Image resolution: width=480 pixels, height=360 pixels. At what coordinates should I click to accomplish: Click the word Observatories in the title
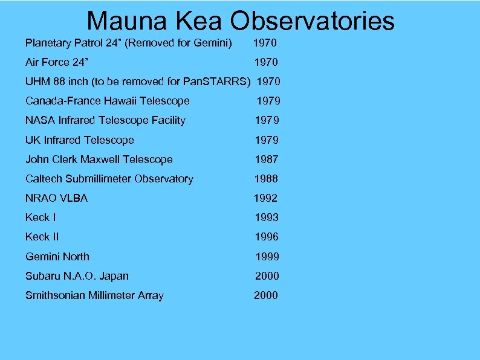click(312, 21)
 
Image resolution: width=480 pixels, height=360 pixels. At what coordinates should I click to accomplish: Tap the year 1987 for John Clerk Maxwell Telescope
click(266, 159)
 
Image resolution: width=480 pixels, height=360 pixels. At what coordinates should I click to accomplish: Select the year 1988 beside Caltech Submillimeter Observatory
click(266, 179)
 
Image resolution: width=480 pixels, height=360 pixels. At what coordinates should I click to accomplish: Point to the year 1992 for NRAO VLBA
click(265, 198)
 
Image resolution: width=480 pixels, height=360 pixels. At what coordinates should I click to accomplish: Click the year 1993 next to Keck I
click(266, 217)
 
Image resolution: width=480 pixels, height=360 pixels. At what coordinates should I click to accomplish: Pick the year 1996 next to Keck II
click(266, 237)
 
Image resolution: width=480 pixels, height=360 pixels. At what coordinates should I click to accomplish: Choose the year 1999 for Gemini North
click(267, 257)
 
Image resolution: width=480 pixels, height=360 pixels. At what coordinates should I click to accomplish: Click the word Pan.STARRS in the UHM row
click(219, 82)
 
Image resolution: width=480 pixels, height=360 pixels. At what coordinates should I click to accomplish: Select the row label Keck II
click(42, 237)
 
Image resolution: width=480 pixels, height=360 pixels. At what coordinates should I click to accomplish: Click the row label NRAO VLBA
click(56, 198)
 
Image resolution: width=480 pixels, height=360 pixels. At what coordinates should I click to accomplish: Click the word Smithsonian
click(58, 295)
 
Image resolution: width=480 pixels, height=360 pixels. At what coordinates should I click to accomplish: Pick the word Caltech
click(44, 179)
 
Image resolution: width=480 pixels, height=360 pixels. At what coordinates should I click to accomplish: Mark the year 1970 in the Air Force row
click(265, 62)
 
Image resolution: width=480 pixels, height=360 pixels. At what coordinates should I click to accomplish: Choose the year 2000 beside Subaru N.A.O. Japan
click(267, 276)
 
